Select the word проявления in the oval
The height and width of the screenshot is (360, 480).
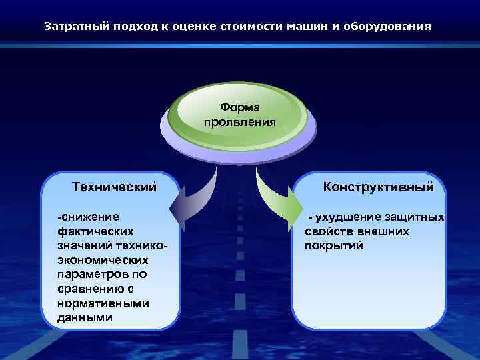tap(241, 122)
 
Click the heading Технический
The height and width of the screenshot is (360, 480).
tap(114, 187)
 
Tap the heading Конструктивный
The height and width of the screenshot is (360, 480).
tap(378, 187)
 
